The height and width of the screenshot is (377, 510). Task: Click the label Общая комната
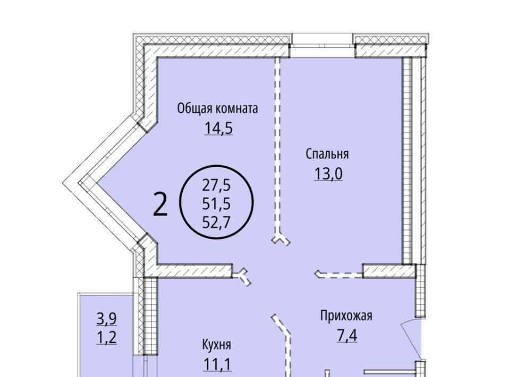(x=217, y=108)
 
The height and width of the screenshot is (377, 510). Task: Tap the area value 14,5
(x=218, y=128)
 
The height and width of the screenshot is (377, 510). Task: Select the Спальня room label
(x=327, y=154)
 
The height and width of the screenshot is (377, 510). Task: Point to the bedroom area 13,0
(x=328, y=174)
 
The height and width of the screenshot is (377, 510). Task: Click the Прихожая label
(x=346, y=316)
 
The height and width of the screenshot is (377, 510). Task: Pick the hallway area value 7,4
(x=347, y=336)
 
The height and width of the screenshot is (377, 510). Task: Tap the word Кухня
(x=217, y=345)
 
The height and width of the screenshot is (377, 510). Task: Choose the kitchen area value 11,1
(x=217, y=364)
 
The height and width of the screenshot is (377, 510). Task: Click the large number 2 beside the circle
(x=160, y=204)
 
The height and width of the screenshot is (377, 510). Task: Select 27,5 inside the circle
(x=216, y=185)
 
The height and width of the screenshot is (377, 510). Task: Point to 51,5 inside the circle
(x=216, y=204)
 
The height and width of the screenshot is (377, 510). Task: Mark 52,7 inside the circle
(x=216, y=222)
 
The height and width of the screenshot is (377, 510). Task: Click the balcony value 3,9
(x=107, y=319)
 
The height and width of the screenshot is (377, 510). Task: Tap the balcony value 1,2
(x=107, y=338)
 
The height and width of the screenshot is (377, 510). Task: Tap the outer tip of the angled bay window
(x=63, y=184)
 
